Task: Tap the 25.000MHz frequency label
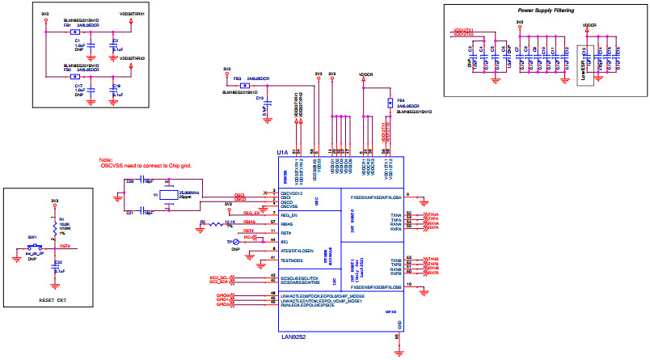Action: tap(190, 192)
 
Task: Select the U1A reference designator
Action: tap(282, 151)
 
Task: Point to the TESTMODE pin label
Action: tap(293, 260)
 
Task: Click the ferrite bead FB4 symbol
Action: tap(389, 104)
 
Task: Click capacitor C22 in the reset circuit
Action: tap(56, 267)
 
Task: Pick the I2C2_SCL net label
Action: tap(221, 277)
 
